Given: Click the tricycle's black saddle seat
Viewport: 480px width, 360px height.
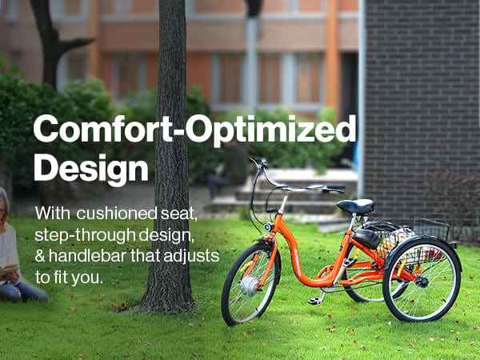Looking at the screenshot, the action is [356, 206].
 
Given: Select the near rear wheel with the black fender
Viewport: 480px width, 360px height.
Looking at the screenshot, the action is [422, 279].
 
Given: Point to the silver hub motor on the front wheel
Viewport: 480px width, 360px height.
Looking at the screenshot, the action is [249, 286].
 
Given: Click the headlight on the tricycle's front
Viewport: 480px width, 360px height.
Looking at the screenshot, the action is [268, 227].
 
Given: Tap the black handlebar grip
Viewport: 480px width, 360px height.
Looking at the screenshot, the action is [335, 187].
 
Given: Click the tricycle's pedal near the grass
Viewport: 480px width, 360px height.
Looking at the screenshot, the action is [314, 302].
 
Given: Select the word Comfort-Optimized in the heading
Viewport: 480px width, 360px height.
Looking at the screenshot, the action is [194, 129].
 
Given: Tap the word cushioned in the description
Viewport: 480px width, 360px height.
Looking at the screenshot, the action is [117, 214].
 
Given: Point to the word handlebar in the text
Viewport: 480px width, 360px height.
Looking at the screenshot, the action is [88, 256].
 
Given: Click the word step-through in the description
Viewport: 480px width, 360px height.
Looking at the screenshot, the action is [85, 236].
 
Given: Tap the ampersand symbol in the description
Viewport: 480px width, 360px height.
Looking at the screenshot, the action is [40, 257].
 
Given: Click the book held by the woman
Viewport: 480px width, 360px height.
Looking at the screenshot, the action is [9, 270].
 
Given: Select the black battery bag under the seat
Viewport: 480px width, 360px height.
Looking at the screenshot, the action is [366, 238].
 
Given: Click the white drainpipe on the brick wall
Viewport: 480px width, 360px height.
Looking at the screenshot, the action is [362, 98].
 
